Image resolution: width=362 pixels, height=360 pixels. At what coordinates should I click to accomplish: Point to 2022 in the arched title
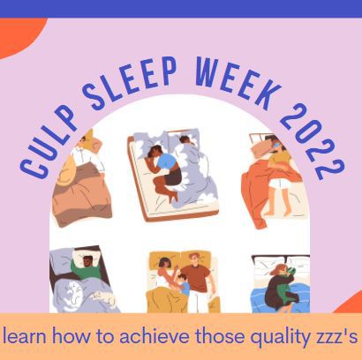point(312,142)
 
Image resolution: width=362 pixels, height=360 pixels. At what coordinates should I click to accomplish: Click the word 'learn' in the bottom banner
point(25,336)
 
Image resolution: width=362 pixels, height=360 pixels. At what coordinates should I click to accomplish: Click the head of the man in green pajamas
point(87,261)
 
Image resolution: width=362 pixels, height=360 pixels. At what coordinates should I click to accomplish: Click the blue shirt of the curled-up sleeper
point(167,162)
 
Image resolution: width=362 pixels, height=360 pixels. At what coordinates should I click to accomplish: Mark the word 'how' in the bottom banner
point(72,336)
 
